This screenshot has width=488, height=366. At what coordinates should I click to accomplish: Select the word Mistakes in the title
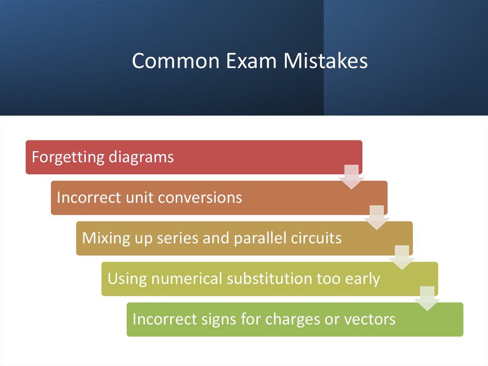click(x=326, y=61)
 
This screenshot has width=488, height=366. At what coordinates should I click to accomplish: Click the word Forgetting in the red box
click(x=68, y=157)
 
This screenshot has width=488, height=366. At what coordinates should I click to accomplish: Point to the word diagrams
click(x=141, y=157)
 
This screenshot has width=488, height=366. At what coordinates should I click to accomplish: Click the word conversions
click(x=200, y=198)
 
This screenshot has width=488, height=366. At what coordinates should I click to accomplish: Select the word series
click(x=178, y=238)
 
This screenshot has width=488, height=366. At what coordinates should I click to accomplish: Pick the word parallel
click(x=256, y=238)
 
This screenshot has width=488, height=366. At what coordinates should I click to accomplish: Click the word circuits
click(x=316, y=238)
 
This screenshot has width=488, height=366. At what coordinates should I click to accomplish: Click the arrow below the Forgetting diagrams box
click(x=352, y=177)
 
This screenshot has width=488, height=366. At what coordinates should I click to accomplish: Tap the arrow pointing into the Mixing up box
click(x=377, y=217)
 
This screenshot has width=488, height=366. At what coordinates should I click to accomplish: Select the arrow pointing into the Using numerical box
click(x=402, y=258)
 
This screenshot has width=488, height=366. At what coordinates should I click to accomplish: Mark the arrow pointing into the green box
click(x=427, y=298)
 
